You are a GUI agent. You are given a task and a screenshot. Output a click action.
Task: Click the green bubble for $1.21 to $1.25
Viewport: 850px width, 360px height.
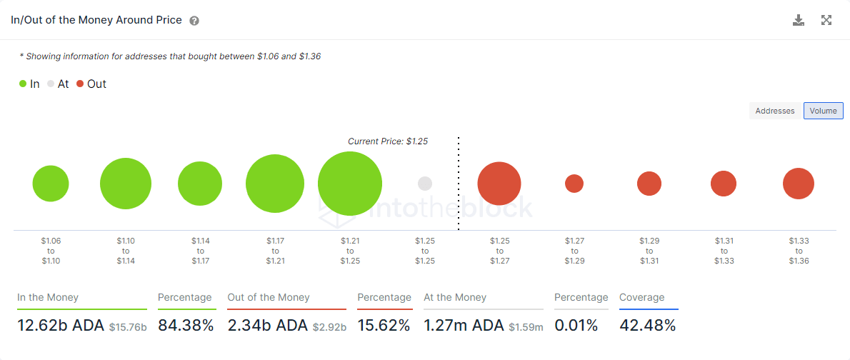tap(350, 184)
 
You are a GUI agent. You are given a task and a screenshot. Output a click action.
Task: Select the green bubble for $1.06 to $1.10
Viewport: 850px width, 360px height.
tap(51, 184)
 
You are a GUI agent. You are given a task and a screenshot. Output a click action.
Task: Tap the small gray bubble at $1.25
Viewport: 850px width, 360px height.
tap(425, 184)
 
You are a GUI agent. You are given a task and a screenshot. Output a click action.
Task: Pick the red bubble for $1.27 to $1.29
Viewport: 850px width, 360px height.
tap(574, 184)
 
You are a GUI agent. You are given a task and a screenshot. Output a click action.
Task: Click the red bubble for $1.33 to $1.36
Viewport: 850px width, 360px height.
tap(799, 184)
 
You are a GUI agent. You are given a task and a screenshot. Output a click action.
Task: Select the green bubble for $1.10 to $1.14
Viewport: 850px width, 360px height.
tap(126, 184)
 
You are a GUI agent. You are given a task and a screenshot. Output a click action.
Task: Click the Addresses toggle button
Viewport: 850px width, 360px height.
tap(775, 111)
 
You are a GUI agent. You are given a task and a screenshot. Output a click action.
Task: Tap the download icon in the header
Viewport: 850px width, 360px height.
tap(799, 20)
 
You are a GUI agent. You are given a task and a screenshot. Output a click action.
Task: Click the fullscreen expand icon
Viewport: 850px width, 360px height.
tap(826, 20)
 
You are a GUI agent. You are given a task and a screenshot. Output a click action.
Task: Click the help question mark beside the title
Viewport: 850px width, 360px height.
tap(194, 21)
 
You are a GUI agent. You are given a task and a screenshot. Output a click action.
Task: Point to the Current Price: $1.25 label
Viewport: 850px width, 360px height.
tap(388, 141)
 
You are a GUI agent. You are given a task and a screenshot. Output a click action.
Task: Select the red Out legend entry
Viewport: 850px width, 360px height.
tap(91, 84)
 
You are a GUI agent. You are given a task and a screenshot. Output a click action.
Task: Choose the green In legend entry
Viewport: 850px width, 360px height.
tap(29, 84)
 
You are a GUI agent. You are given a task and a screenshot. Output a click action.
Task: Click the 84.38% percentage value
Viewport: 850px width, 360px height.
tap(186, 326)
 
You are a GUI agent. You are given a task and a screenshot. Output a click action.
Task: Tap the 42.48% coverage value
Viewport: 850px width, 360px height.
tap(647, 326)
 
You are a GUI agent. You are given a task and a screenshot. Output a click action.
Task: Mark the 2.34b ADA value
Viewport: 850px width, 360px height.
tap(267, 326)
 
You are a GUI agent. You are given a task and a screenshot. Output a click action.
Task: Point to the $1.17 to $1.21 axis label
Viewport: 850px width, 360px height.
tap(275, 251)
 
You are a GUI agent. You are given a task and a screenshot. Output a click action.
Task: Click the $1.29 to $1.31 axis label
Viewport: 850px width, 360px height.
tap(649, 251)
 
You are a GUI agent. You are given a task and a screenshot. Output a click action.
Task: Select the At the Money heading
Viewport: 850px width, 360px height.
tap(455, 297)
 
